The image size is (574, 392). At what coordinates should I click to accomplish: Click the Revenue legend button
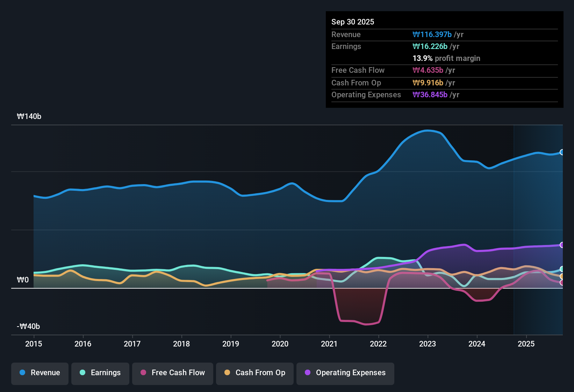point(40,373)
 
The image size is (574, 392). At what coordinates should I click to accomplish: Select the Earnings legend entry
point(100,373)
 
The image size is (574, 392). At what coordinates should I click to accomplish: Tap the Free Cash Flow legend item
point(173,373)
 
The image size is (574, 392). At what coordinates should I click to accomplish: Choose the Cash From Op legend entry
point(255,373)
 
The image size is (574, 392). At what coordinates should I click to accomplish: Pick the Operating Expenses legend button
point(345,373)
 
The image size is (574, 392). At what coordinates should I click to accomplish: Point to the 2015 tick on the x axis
point(34,344)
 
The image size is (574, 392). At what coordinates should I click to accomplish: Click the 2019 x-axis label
point(231,344)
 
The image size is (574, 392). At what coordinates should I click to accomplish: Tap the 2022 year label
point(378,344)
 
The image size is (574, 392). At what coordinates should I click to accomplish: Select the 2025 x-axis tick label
point(526,344)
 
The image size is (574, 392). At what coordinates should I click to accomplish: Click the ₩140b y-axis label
point(29,117)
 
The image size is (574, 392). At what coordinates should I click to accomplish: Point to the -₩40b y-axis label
point(28,327)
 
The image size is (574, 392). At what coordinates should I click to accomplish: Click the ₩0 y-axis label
point(23,280)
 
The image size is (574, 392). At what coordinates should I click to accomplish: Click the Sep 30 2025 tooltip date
point(353,22)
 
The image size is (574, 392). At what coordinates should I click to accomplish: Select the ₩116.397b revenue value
point(432,35)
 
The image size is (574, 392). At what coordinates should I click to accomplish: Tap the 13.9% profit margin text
point(446,58)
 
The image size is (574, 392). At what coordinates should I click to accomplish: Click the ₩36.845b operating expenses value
point(430,95)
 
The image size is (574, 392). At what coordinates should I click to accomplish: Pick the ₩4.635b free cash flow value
point(428,70)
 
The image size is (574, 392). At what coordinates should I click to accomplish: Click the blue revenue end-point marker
point(562,152)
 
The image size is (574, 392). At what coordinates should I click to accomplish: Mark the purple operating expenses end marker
point(562,245)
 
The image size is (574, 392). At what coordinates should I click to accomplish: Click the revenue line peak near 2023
point(428,131)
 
